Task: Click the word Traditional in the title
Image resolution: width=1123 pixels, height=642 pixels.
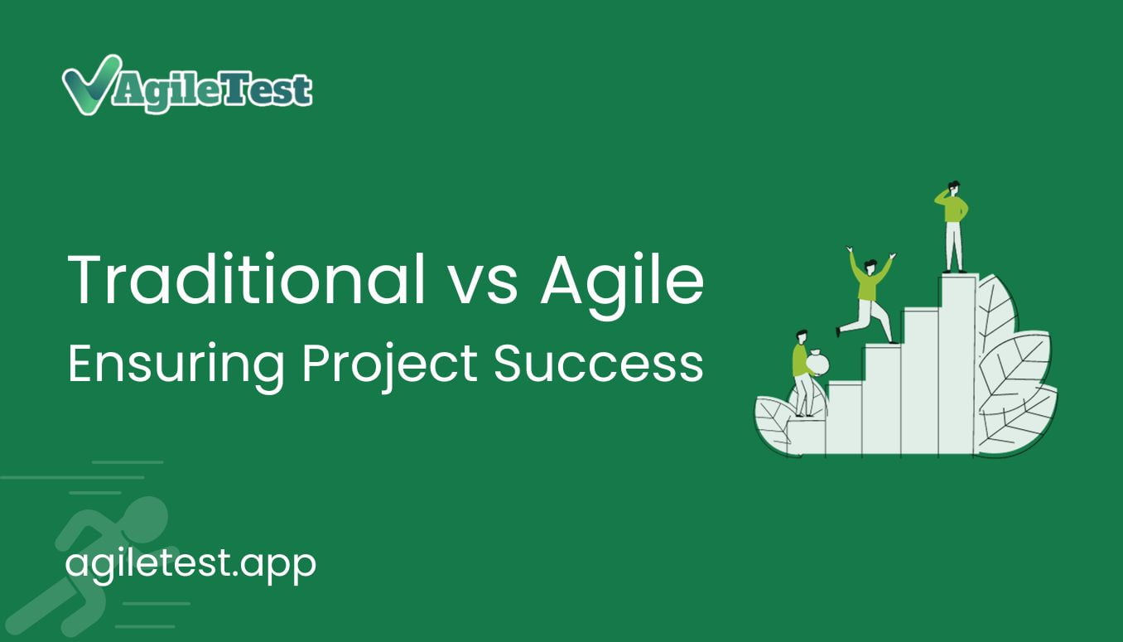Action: (246, 279)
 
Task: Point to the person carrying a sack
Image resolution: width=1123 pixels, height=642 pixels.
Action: (805, 373)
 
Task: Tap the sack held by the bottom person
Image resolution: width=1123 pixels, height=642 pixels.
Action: (817, 363)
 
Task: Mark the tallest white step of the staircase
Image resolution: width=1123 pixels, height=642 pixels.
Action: (958, 364)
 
